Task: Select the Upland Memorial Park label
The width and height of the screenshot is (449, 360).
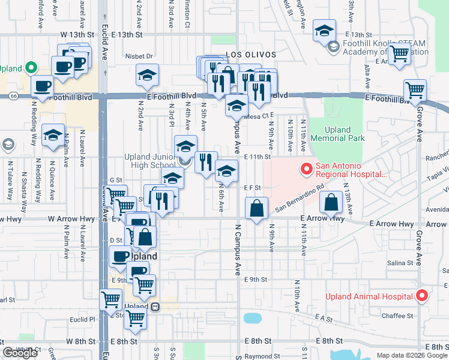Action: click(345, 134)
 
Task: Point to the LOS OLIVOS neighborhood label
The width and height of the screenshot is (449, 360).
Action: click(251, 55)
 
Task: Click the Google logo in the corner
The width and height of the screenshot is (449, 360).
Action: click(20, 353)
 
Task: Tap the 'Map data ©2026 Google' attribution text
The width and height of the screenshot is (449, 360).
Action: click(412, 355)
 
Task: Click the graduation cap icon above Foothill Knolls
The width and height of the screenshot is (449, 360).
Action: click(324, 32)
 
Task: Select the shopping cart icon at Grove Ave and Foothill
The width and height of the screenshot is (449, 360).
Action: click(415, 90)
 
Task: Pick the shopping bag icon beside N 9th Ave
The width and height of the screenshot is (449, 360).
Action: click(257, 209)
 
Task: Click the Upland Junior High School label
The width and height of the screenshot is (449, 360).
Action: click(150, 161)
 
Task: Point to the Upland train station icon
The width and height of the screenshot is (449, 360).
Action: click(155, 307)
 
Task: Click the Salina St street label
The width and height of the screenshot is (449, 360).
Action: click(401, 263)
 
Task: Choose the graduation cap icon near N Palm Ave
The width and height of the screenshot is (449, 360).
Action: click(53, 135)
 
